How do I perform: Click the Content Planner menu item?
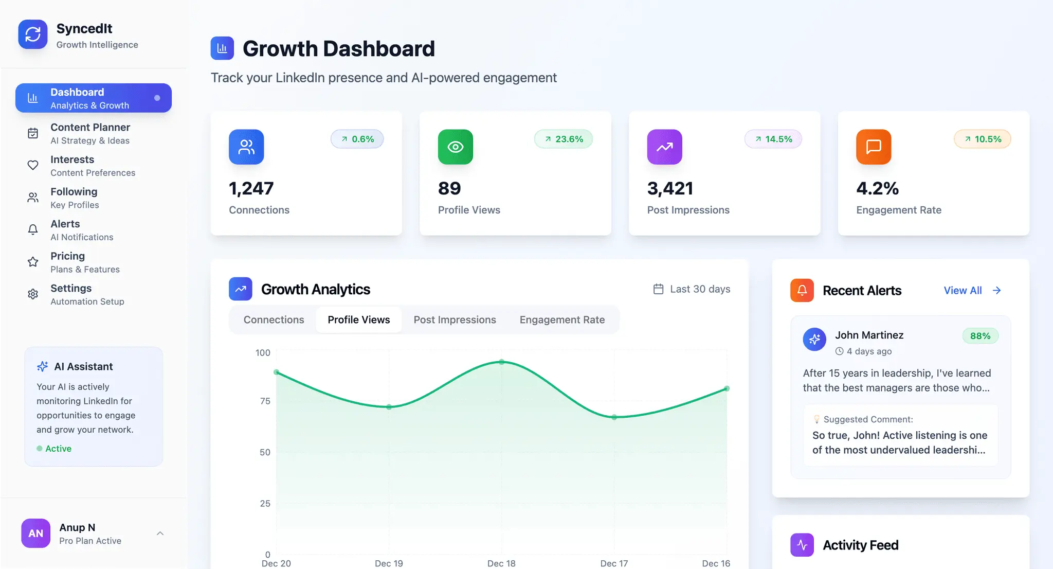pyautogui.click(x=90, y=133)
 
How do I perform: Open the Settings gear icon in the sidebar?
pyautogui.click(x=33, y=294)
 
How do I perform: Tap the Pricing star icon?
pyautogui.click(x=33, y=262)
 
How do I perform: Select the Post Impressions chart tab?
pyautogui.click(x=455, y=319)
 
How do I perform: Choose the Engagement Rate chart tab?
pyautogui.click(x=562, y=319)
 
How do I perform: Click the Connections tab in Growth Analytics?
pyautogui.click(x=274, y=319)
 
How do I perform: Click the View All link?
pyautogui.click(x=972, y=290)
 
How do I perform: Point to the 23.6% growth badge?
pyautogui.click(x=564, y=139)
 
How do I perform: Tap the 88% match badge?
pyautogui.click(x=980, y=336)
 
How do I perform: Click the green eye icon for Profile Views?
pyautogui.click(x=456, y=147)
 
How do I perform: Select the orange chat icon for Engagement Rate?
pyautogui.click(x=874, y=147)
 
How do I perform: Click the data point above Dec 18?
pyautogui.click(x=502, y=362)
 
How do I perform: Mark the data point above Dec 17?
pyautogui.click(x=614, y=417)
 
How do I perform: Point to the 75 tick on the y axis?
pyautogui.click(x=265, y=401)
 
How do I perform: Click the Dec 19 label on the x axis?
pyautogui.click(x=389, y=563)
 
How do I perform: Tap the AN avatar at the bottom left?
pyautogui.click(x=35, y=533)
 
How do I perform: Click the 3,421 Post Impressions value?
pyautogui.click(x=670, y=188)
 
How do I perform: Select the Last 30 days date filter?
pyautogui.click(x=692, y=289)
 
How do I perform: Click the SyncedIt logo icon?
pyautogui.click(x=33, y=34)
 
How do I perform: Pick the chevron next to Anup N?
pyautogui.click(x=160, y=534)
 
